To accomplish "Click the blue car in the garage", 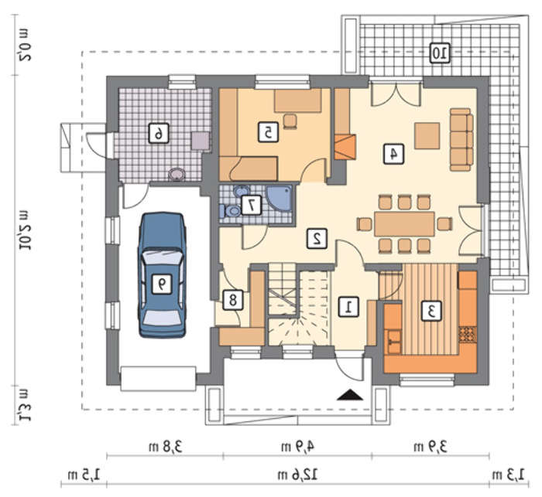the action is coord(162,274).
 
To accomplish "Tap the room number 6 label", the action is coord(159,133).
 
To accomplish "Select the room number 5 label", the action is coord(268,132).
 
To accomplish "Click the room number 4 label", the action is coord(393,153).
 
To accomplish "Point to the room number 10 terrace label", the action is coord(441,53).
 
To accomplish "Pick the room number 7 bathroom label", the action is coord(252,206).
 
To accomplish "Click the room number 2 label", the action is coord(317,238).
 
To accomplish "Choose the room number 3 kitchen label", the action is coord(431,311).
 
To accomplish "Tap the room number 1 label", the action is coord(348,307).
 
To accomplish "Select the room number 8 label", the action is coord(232,301).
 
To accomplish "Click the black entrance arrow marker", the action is coord(350,394).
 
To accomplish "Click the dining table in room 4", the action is coord(404,224).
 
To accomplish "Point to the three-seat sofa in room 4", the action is coord(461,139).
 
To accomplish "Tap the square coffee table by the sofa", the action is coord(427,135).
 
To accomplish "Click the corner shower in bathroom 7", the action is coord(280,199).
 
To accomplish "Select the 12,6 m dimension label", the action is coord(297,475).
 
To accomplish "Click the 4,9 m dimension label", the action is coord(297,447).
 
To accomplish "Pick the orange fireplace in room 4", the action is coord(345,147).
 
